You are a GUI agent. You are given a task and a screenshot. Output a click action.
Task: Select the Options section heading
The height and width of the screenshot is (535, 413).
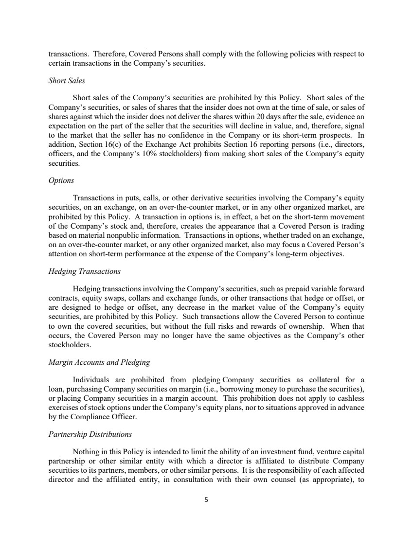61,180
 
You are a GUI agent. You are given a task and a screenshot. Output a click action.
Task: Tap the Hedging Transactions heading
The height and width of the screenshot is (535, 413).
85,271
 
